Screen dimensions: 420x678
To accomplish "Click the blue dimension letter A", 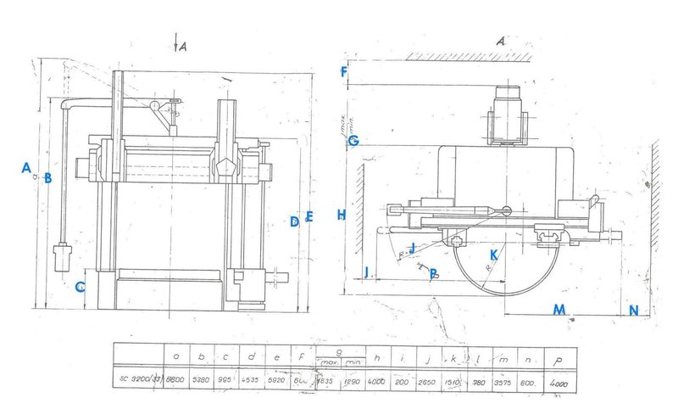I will point(26,167).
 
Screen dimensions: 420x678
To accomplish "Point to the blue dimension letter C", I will point(79,287).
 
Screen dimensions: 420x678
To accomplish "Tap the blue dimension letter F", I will point(343,72).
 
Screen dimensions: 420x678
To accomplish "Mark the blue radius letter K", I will point(492,255).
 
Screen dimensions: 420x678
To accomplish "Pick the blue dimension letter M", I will point(559,309).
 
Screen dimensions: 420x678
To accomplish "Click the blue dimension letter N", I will point(633,311).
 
